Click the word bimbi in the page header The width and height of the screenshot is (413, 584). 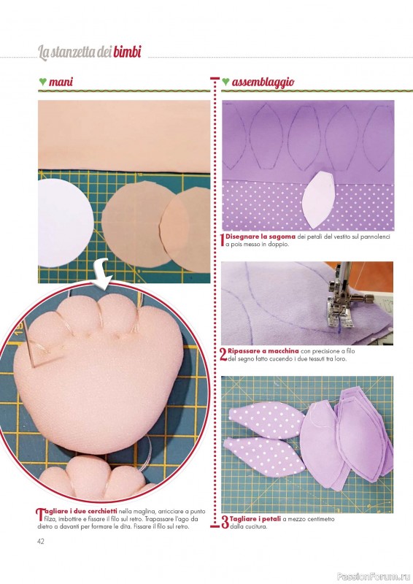[x=127, y=52]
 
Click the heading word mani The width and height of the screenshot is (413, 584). [x=61, y=82]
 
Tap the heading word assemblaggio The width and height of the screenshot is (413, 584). [x=263, y=82]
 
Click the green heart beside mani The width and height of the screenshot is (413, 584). [x=42, y=81]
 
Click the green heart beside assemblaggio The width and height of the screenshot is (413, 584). [x=225, y=81]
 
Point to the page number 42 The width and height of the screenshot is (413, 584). [x=41, y=541]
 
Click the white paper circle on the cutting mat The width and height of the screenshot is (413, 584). [x=64, y=223]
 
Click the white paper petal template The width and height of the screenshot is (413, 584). [x=319, y=199]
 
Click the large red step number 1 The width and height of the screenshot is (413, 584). [x=223, y=240]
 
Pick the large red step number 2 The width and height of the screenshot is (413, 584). [x=223, y=355]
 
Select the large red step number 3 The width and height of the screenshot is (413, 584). [x=225, y=522]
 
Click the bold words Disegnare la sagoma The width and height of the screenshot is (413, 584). [x=260, y=237]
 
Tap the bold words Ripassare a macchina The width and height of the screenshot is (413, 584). [x=263, y=351]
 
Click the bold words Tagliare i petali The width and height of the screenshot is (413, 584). [x=255, y=519]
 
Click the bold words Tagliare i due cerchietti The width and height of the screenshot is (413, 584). [x=77, y=511]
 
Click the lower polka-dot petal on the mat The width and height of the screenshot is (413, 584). [x=264, y=455]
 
